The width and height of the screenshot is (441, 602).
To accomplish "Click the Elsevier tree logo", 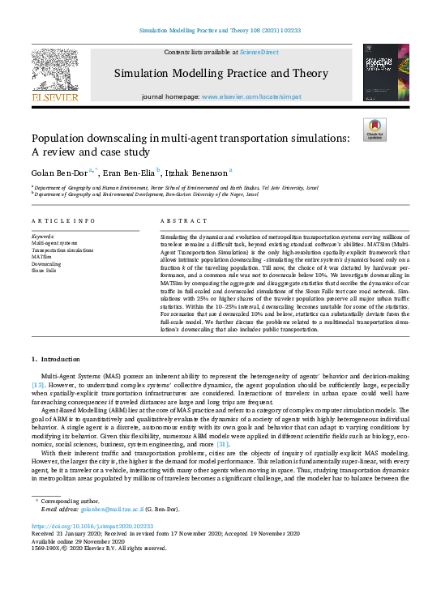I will point(54,68).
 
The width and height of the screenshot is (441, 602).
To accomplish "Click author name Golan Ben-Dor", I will point(59,172).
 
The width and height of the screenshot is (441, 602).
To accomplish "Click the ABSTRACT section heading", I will point(180,221).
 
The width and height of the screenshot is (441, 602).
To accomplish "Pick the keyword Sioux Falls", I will point(44,270).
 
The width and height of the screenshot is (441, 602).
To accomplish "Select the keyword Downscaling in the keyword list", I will point(45,263).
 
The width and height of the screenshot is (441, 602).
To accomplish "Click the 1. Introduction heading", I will point(59,358).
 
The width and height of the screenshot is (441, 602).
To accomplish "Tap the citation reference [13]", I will point(38,385).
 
